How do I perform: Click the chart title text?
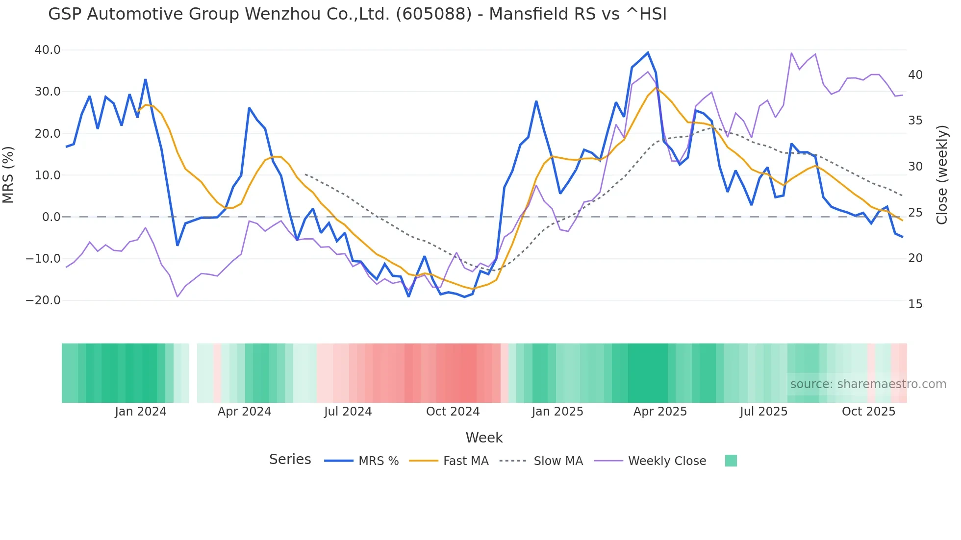point(357,14)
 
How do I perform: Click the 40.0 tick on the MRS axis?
point(48,50)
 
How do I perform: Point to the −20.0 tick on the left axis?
point(43,300)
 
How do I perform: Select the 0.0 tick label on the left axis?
point(51,217)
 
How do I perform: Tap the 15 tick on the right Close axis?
point(915,304)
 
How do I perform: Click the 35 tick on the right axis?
point(915,121)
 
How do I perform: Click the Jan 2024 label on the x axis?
point(141,412)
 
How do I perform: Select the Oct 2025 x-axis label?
point(868,412)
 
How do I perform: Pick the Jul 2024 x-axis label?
point(348,412)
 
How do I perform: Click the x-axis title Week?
point(484,438)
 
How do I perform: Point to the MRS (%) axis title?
point(8,175)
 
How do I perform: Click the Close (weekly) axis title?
point(941,175)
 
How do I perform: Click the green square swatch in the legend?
point(731,461)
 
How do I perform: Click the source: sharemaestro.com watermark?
point(868,384)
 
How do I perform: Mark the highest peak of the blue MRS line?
point(648,52)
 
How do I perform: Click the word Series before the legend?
point(290,460)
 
